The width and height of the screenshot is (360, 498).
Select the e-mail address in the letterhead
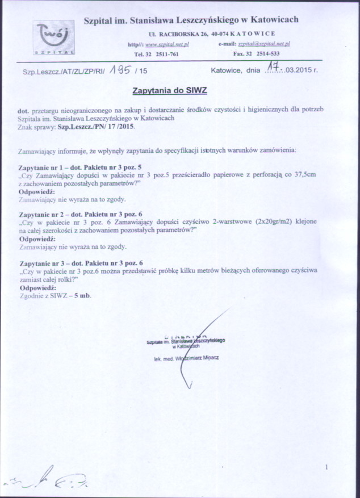(264, 44)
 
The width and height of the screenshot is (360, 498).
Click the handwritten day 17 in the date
(275, 69)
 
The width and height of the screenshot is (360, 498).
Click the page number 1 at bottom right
(328, 467)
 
